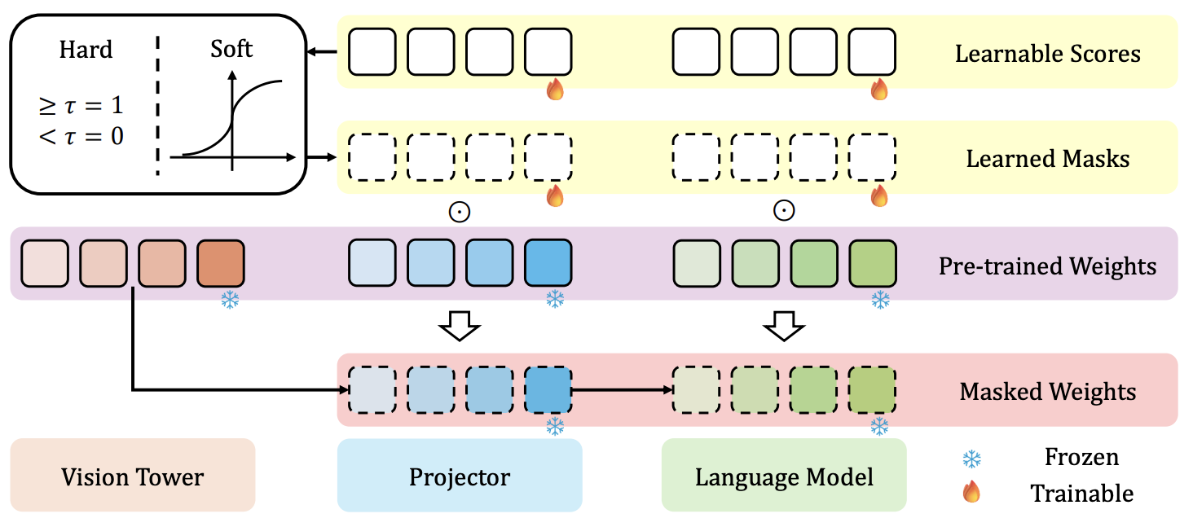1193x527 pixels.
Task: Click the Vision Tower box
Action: tap(132, 476)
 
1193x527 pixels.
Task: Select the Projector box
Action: tap(460, 476)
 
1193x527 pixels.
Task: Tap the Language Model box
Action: tap(784, 476)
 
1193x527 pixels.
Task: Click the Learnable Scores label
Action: tap(1048, 55)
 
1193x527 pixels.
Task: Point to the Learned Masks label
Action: tap(1048, 158)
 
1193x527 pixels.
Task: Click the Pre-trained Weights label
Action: tap(1048, 266)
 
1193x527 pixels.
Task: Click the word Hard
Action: tap(86, 50)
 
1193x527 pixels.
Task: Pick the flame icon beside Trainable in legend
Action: tap(971, 492)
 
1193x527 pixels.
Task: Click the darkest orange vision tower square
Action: tap(221, 263)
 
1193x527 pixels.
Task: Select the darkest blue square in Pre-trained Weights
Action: tap(548, 263)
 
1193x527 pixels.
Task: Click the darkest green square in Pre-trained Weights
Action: tap(873, 263)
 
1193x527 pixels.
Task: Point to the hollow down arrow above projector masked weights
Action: tap(460, 327)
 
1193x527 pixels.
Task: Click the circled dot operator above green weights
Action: tap(784, 211)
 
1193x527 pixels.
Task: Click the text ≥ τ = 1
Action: tap(81, 106)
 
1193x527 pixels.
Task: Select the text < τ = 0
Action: tap(81, 135)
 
